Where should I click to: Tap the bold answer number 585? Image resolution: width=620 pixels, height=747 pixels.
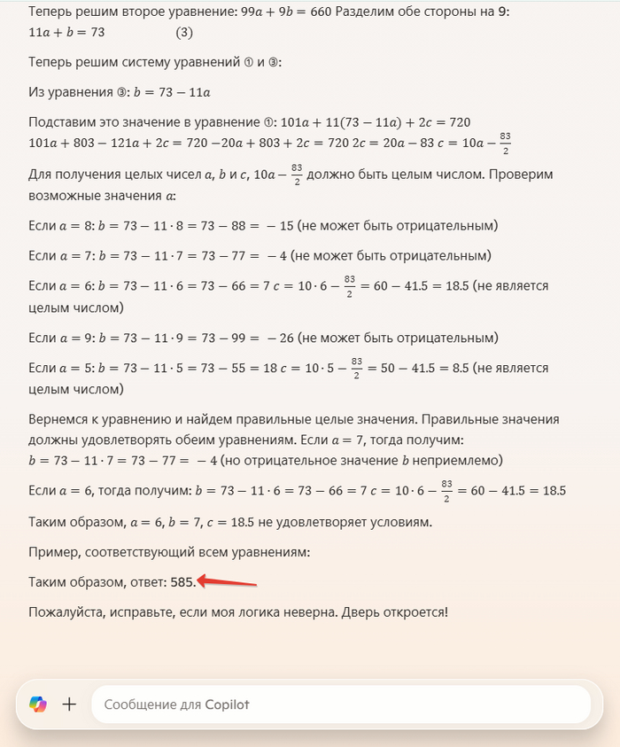[182, 582]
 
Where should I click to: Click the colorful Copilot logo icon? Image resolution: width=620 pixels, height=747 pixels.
[38, 704]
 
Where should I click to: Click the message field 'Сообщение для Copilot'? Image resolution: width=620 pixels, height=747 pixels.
[341, 704]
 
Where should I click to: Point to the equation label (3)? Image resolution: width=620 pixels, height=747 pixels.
[183, 33]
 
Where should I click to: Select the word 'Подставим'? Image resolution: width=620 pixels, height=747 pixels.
[58, 121]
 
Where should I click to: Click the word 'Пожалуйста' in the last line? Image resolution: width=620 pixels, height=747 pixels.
[66, 611]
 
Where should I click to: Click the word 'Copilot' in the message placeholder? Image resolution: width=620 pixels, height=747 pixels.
[227, 704]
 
